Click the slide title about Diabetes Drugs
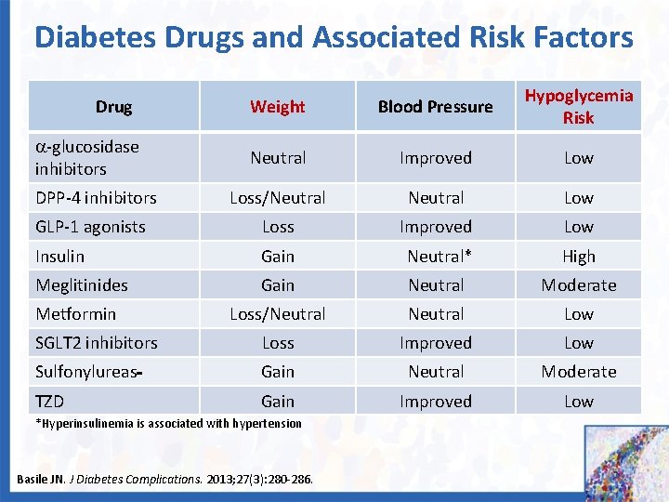(334, 37)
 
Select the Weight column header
(277, 107)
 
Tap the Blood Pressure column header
(435, 107)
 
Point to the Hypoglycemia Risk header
(578, 106)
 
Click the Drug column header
(113, 107)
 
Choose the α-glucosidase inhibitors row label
(86, 158)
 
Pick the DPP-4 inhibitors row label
(96, 198)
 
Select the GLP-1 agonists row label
(90, 227)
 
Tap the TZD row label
(50, 402)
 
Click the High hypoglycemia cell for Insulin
(578, 257)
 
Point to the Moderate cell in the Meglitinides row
(578, 285)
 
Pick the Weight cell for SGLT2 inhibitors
(277, 343)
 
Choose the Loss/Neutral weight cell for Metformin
(277, 314)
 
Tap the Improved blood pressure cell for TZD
(435, 402)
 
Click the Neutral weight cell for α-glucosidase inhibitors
(277, 158)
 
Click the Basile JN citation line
(164, 480)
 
